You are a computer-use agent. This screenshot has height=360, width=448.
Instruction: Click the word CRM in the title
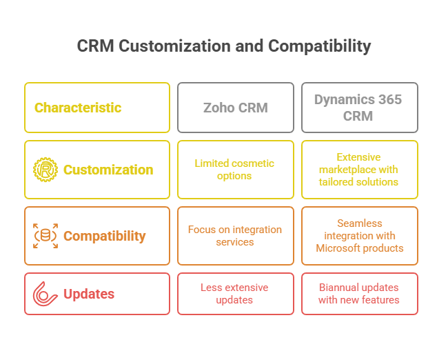[95, 46]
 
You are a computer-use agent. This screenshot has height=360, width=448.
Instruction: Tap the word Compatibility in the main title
[319, 47]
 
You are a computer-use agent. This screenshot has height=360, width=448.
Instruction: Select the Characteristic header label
[78, 108]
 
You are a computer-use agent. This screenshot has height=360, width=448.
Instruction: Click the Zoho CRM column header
[236, 108]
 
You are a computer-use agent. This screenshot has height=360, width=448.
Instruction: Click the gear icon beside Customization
[45, 170]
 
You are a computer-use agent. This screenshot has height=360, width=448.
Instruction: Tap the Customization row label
[108, 170]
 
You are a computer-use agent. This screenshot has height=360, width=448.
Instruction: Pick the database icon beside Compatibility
[45, 236]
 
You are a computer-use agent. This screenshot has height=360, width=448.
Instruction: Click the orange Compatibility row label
[105, 237]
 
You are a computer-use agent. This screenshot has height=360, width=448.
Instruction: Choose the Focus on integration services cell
[235, 236]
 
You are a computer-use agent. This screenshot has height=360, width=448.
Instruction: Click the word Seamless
[359, 223]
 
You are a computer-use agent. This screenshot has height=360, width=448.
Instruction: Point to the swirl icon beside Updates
[45, 294]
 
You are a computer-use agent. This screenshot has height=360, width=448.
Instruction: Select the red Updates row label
[89, 294]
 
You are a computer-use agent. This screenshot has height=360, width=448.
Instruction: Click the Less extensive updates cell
[234, 294]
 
